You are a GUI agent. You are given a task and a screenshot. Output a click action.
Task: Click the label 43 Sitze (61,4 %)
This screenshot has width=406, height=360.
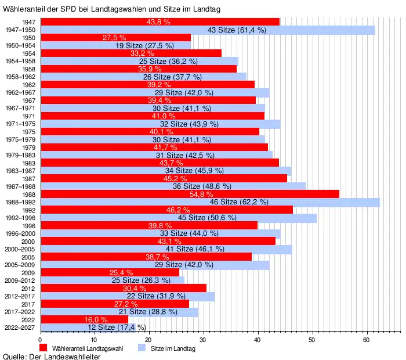coord(237,30)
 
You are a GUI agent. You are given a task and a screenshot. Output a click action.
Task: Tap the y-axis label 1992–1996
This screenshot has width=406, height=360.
coord(20,218)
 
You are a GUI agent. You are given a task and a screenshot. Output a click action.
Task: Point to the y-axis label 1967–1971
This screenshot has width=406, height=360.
coord(20,108)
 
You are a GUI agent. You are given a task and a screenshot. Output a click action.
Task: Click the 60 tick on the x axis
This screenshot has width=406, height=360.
coord(366,340)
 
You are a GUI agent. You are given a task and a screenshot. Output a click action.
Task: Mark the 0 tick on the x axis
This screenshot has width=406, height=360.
coord(40,340)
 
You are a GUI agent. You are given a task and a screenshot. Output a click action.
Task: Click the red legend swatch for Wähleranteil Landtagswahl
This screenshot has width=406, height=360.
coord(43,348)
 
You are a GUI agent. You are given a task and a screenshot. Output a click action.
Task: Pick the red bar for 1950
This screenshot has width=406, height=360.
coord(115,37)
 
